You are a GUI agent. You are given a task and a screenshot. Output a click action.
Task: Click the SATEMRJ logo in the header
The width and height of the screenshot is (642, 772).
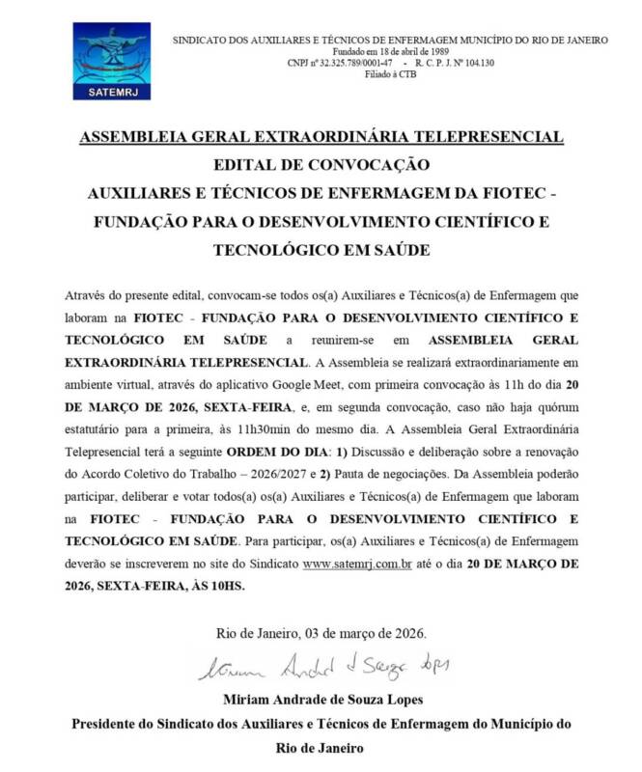111,62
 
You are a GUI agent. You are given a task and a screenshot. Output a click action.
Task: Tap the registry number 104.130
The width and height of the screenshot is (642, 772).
473,63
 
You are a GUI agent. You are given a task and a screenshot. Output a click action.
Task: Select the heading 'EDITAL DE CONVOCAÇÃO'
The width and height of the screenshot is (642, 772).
321,164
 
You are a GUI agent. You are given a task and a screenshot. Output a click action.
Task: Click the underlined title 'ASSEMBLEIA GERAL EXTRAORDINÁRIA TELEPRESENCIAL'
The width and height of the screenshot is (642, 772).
321,137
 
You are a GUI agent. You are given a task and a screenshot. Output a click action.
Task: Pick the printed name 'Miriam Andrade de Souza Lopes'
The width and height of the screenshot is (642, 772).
321,699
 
